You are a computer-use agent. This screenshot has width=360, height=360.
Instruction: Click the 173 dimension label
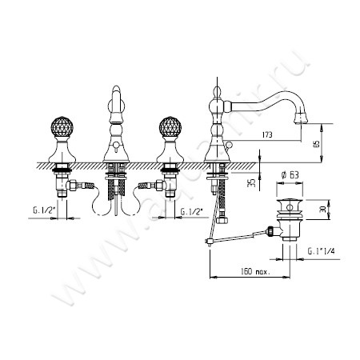pos(267,136)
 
